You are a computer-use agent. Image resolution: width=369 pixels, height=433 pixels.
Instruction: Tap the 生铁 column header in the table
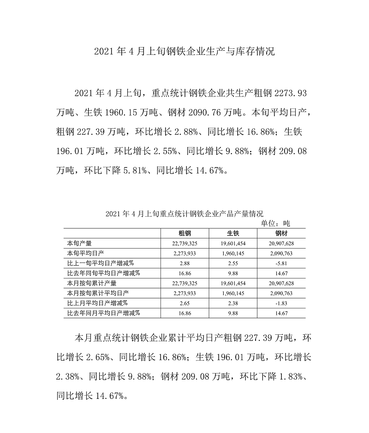232,233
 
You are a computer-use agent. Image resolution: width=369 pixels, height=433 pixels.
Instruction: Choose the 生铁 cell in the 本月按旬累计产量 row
232,283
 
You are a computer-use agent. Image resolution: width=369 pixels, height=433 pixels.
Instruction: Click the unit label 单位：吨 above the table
276,223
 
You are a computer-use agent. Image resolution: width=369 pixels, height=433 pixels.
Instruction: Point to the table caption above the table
184,214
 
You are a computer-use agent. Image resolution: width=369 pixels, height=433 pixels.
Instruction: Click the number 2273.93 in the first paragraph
291,94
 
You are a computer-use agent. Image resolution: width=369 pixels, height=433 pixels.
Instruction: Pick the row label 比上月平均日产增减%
97,303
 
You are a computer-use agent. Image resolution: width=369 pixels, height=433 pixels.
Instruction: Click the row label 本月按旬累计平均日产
97,293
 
